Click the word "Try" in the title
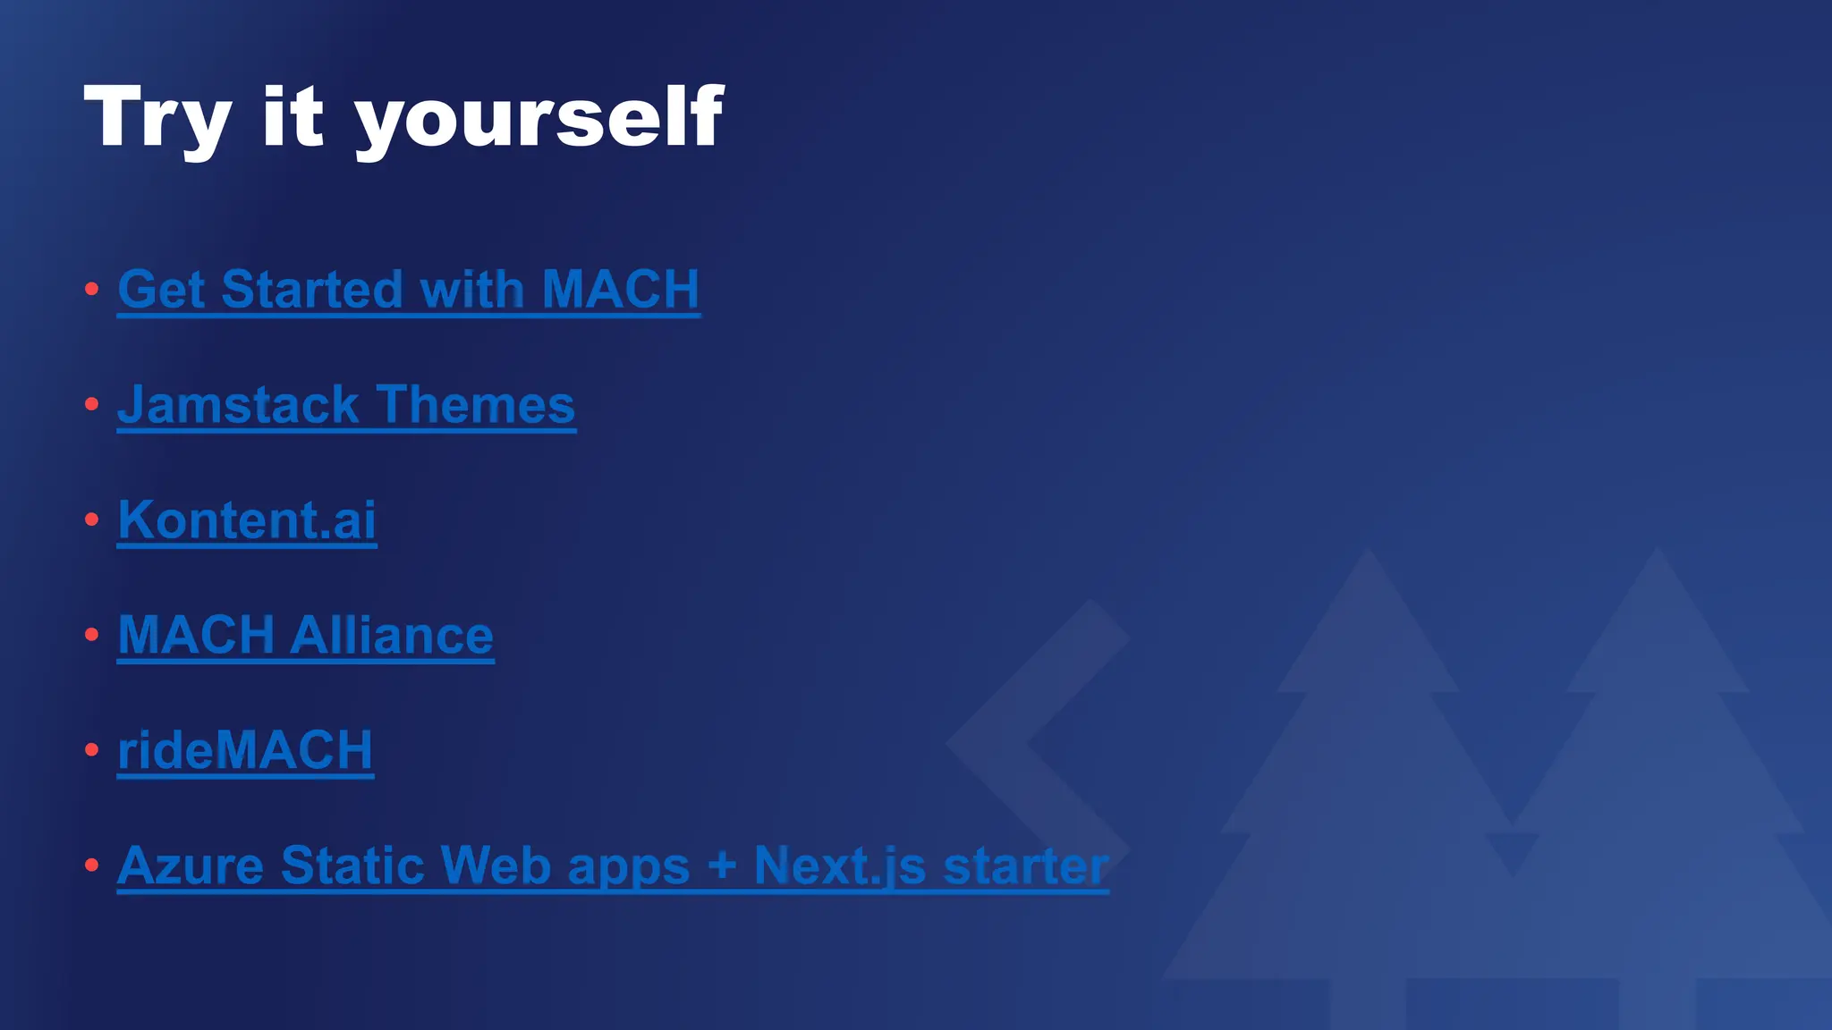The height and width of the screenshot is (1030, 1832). tap(157, 117)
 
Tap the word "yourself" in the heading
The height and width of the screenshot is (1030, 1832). tap(539, 117)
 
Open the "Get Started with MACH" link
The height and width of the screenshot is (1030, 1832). tap(408, 290)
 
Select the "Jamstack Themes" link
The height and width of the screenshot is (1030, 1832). tap(346, 405)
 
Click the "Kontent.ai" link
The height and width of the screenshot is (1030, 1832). tap(247, 520)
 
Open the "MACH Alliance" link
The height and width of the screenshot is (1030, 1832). tap(305, 636)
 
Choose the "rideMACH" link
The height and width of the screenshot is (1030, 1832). tap(245, 751)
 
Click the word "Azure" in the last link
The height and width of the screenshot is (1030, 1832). tap(191, 865)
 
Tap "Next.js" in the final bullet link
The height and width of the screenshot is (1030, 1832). tap(839, 865)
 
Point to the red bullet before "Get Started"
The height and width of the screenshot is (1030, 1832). tap(91, 289)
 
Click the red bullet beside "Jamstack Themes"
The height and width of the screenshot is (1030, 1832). tap(91, 404)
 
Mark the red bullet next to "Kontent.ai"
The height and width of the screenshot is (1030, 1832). tap(91, 519)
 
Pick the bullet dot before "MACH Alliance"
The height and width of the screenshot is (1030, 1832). tap(91, 635)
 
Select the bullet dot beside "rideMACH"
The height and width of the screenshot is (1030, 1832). tap(91, 750)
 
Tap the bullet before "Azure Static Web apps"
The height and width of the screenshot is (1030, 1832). tap(91, 865)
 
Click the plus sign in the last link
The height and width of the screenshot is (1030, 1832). tap(721, 865)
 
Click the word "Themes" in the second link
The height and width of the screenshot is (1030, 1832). tap(475, 405)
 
